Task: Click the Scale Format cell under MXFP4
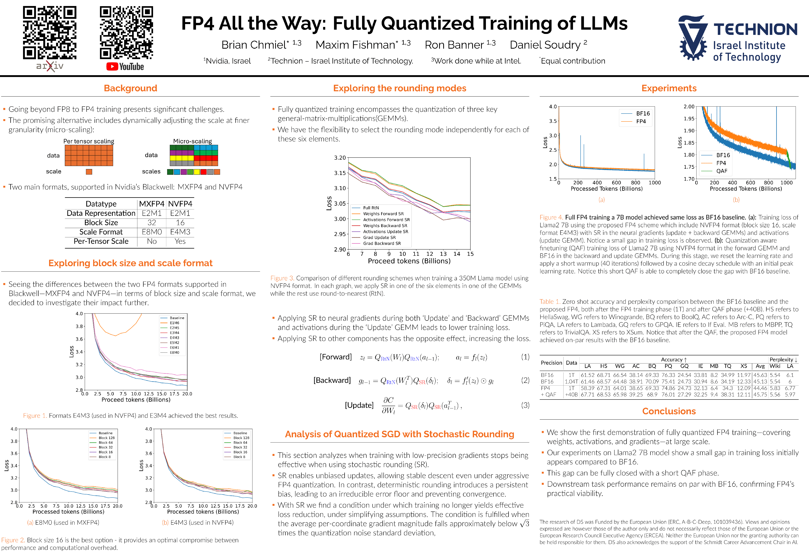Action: coord(152,232)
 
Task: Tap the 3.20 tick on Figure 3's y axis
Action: coord(340,158)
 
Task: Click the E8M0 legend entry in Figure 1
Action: coord(174,352)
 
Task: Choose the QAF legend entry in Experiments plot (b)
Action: coord(721,171)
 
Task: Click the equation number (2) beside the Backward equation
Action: coord(525,380)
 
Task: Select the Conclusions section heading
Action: coord(669,411)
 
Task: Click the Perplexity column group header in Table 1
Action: coord(783,359)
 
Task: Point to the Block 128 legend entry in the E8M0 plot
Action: coord(106,438)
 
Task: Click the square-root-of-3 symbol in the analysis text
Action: coord(524,523)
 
